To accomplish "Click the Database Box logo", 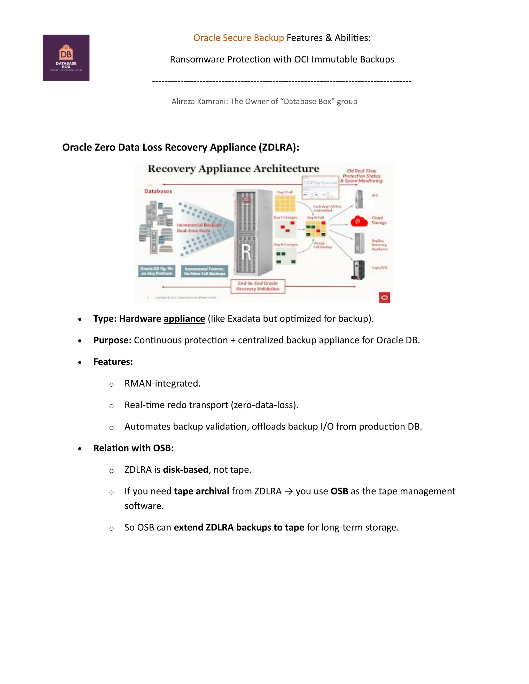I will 66,58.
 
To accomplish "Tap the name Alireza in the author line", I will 183,101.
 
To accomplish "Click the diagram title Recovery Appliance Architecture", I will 234,169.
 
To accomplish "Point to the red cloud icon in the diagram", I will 359,221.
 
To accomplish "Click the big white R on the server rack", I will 247,252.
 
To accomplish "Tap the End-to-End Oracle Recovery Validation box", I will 258,286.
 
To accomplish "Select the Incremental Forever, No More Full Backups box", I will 204,271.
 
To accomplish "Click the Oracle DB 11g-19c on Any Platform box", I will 156,271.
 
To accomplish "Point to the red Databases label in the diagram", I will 158,191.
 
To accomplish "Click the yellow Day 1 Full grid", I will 285,204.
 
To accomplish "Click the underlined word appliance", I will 184,319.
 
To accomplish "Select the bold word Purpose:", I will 112,340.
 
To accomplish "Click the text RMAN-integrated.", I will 162,383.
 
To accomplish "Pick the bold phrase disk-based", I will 185,470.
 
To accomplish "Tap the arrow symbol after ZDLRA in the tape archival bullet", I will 288,491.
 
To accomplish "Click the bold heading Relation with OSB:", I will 133,448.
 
